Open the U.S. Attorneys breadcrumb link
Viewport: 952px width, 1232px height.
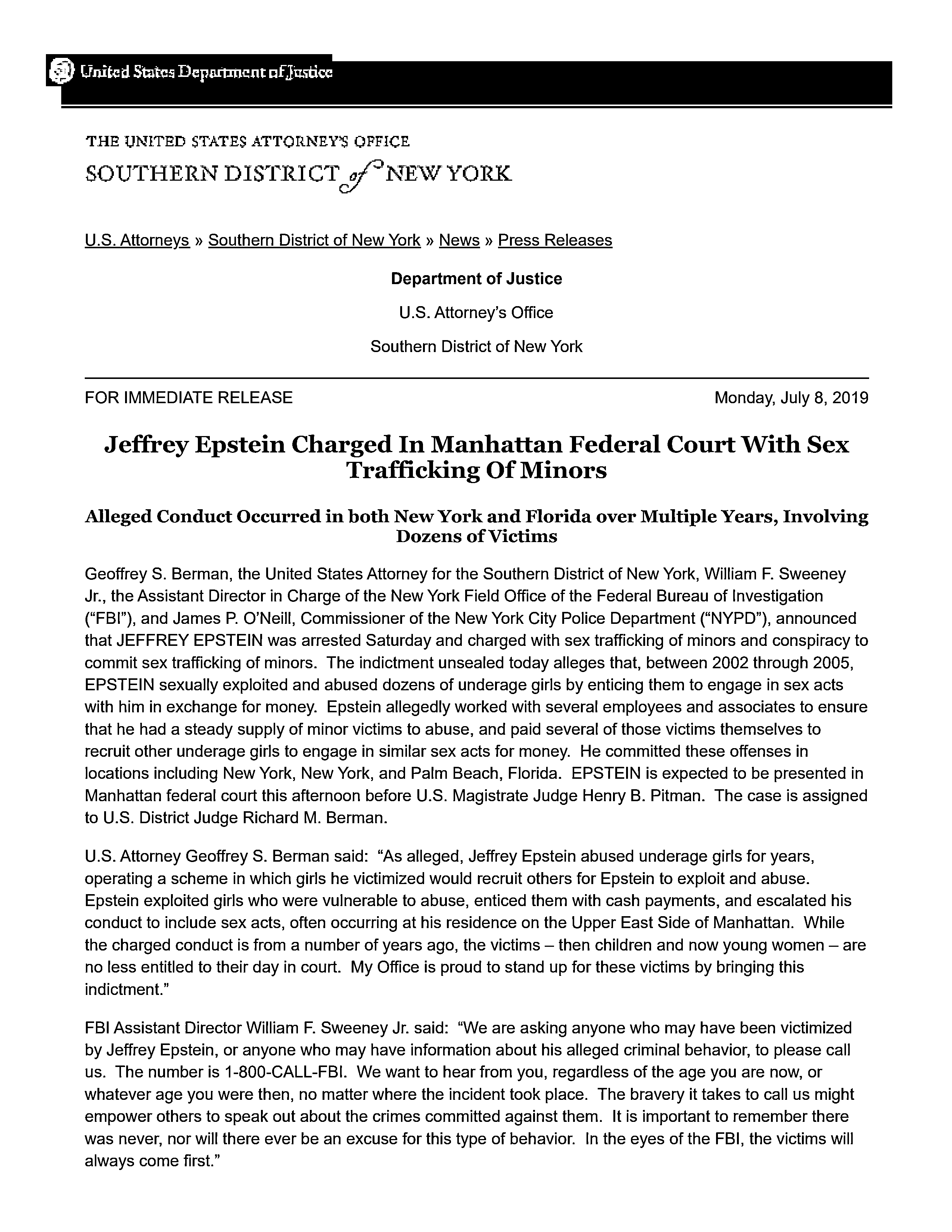[137, 240]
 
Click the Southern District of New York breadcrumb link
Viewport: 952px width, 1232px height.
[314, 240]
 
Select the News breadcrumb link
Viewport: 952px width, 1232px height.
[459, 240]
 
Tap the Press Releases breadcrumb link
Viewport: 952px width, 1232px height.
[555, 240]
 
